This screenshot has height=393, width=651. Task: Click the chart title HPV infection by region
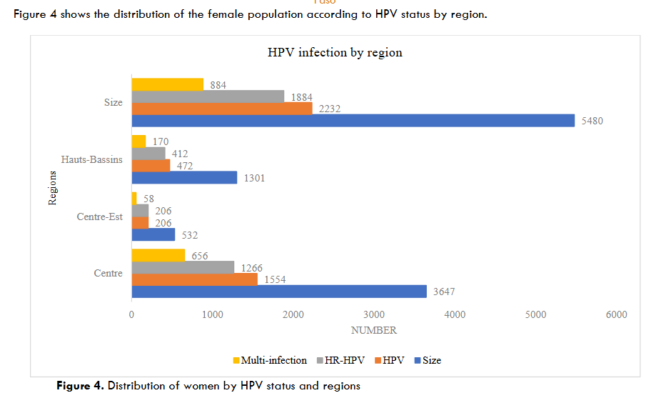[x=335, y=52]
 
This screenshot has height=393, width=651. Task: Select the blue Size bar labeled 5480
[x=353, y=120]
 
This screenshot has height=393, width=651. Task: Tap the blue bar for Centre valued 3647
[x=278, y=291]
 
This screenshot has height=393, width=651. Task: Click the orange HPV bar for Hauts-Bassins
[x=151, y=165]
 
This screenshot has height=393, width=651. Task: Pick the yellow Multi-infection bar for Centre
[x=158, y=256]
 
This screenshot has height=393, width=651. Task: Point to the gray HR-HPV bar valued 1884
[x=208, y=96]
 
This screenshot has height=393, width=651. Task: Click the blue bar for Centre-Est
[x=153, y=234]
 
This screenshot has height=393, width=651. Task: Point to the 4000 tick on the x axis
[x=455, y=315]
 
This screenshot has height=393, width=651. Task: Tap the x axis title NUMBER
[x=373, y=330]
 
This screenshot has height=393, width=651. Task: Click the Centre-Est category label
[x=99, y=217]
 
